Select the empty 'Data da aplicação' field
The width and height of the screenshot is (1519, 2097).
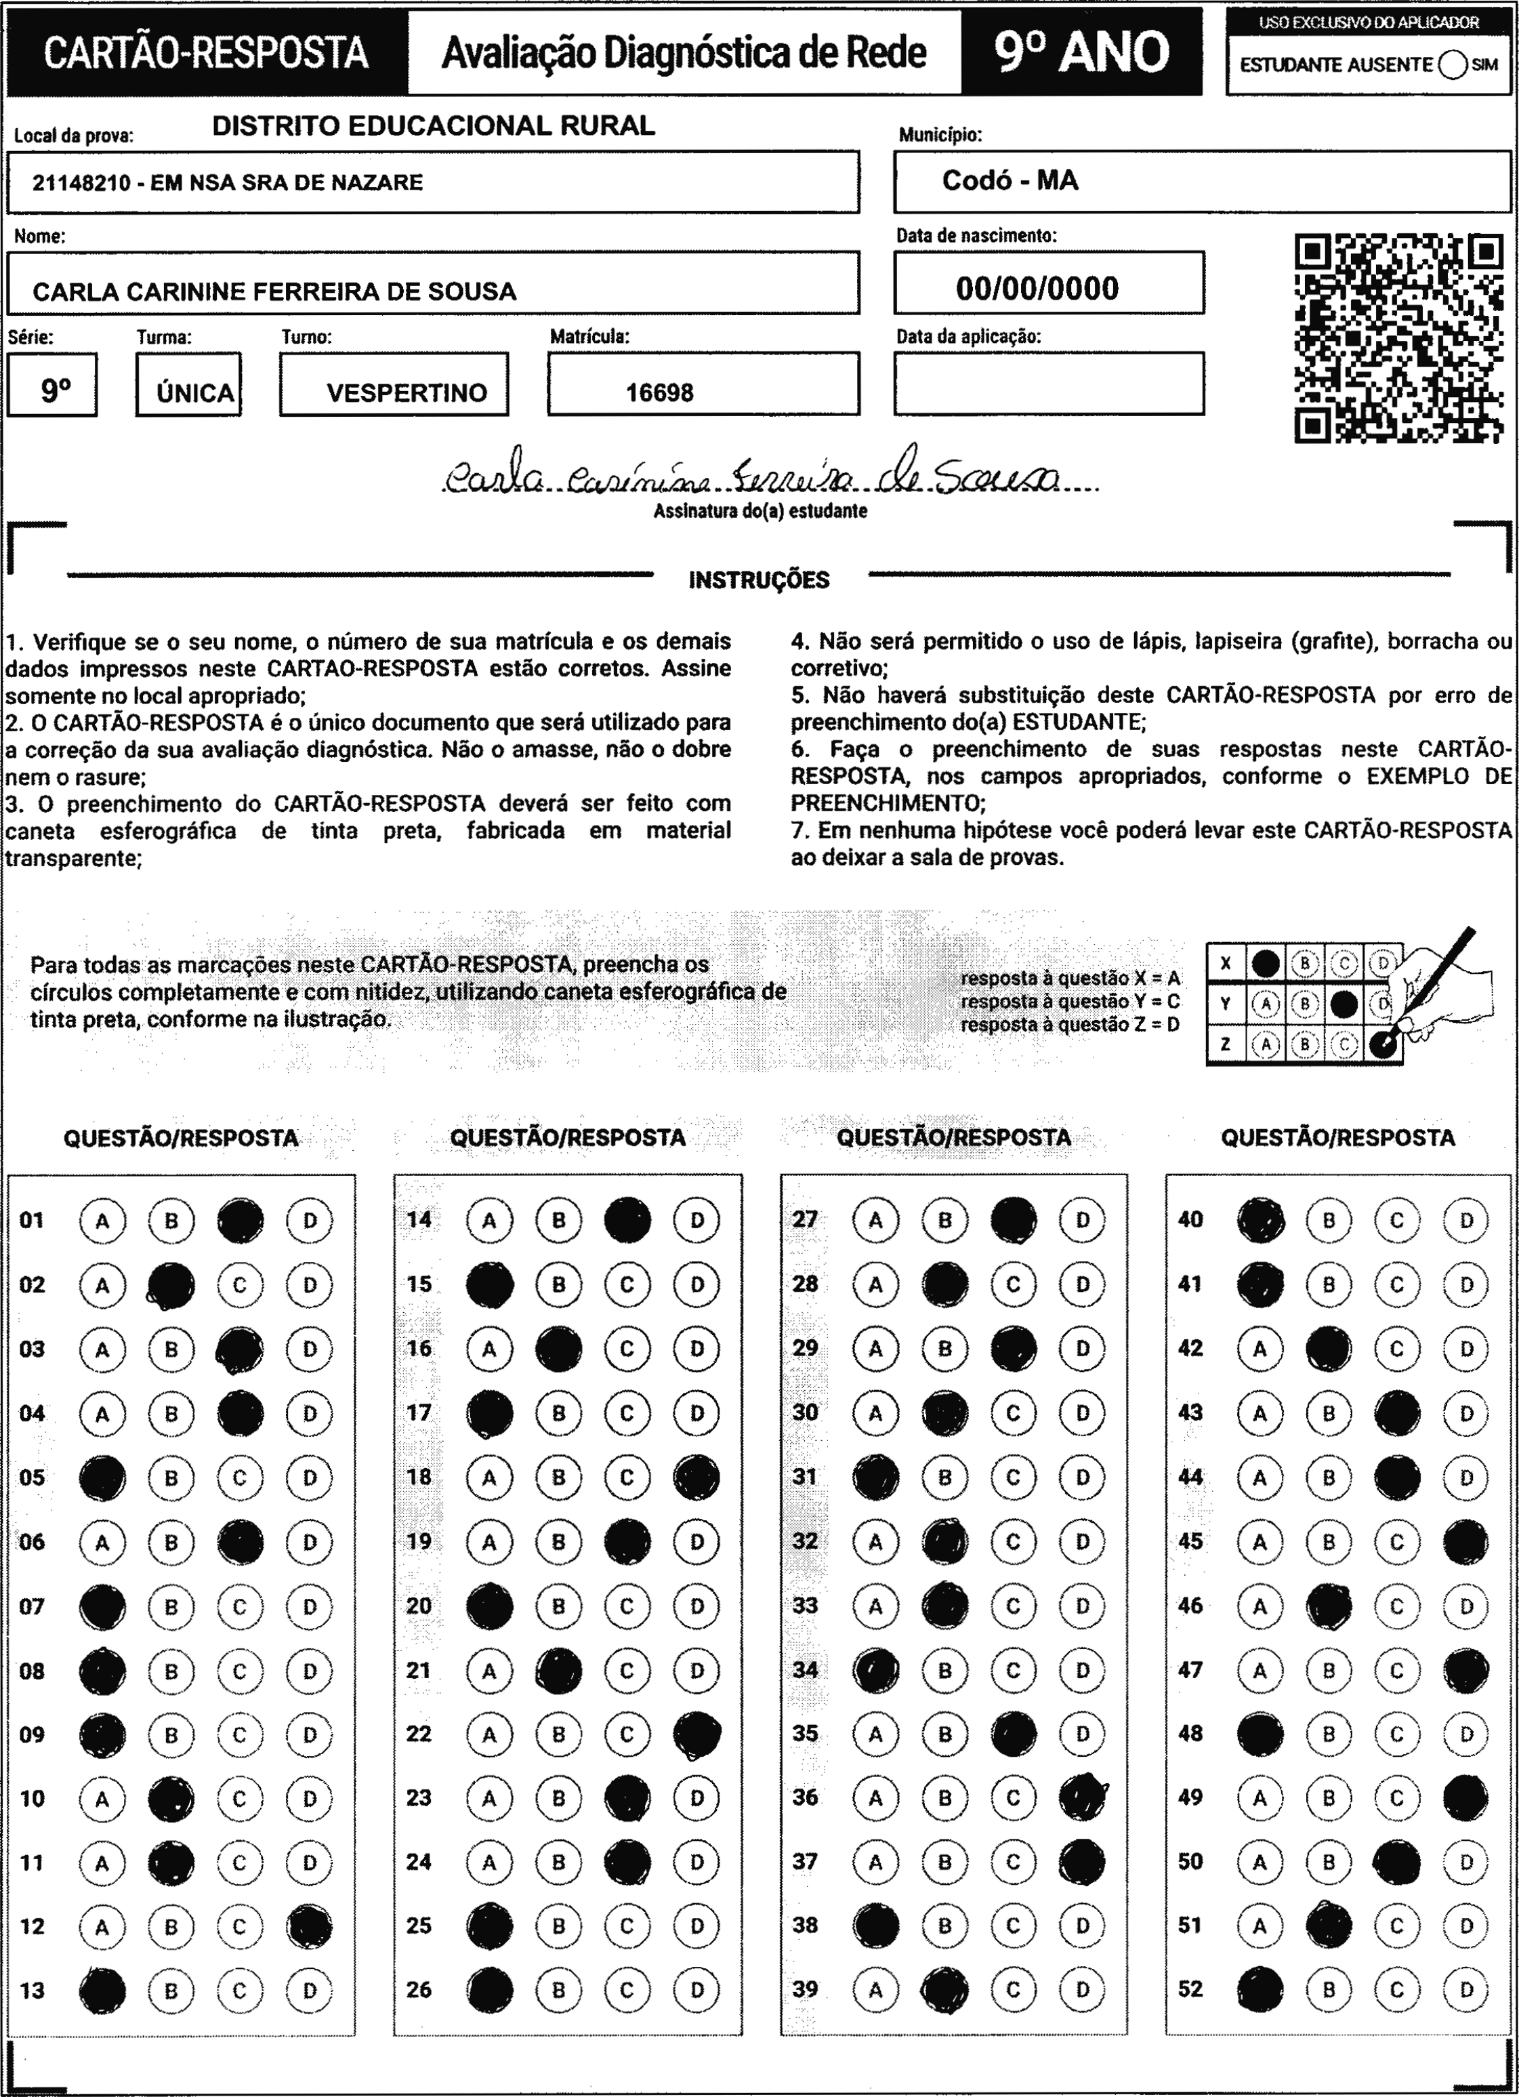pyautogui.click(x=1048, y=384)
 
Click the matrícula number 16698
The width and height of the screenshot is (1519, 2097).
pyautogui.click(x=659, y=393)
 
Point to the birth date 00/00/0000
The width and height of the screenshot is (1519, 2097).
pyautogui.click(x=1037, y=289)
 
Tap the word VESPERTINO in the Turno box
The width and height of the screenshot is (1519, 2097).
pyautogui.click(x=407, y=393)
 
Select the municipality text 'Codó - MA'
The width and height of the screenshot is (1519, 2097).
pyautogui.click(x=1010, y=180)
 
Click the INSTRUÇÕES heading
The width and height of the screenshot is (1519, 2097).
pyautogui.click(x=759, y=581)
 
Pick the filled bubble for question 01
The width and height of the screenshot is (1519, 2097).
pyautogui.click(x=241, y=1221)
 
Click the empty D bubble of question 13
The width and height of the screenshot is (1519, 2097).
pyautogui.click(x=310, y=1991)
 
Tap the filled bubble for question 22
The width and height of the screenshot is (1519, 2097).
pyautogui.click(x=697, y=1734)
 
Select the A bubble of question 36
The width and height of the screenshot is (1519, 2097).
pyautogui.click(x=875, y=1797)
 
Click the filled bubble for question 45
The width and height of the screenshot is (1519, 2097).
pyautogui.click(x=1466, y=1541)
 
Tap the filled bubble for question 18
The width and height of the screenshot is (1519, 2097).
pyautogui.click(x=697, y=1477)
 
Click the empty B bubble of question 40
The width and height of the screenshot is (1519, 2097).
pyautogui.click(x=1329, y=1221)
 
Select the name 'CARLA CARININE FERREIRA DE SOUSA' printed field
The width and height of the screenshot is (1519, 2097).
pyautogui.click(x=274, y=292)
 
